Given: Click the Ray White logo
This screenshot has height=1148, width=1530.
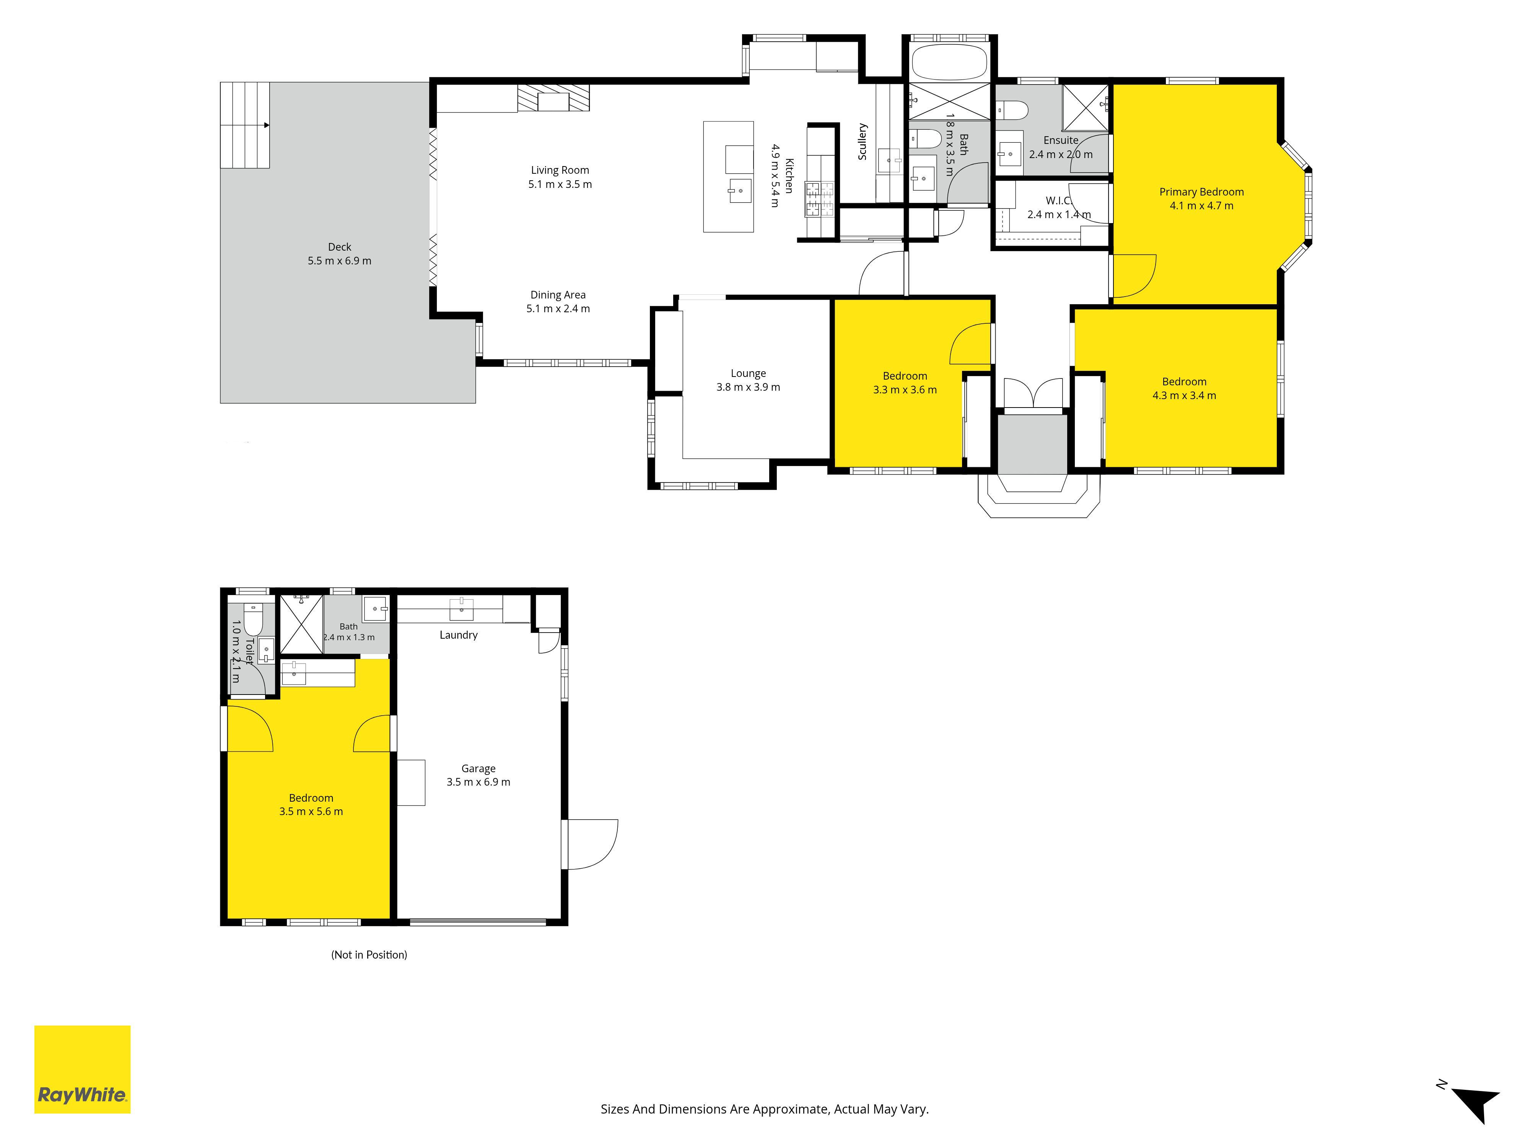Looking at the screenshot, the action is [82, 1069].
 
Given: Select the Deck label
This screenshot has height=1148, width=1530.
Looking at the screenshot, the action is [340, 247].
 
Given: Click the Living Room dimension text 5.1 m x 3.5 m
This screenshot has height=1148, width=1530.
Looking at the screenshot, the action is [560, 184].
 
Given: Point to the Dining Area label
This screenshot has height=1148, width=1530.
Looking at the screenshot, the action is [558, 295].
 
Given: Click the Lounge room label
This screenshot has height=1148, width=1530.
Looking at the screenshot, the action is [749, 373].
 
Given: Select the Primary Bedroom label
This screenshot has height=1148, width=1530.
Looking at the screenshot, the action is [1201, 192].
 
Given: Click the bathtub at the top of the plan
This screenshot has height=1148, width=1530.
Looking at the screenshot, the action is [949, 62].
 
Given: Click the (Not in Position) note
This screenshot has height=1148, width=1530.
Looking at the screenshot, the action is [369, 954].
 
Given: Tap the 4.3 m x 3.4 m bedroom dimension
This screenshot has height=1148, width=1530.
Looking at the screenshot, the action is [1184, 395].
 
